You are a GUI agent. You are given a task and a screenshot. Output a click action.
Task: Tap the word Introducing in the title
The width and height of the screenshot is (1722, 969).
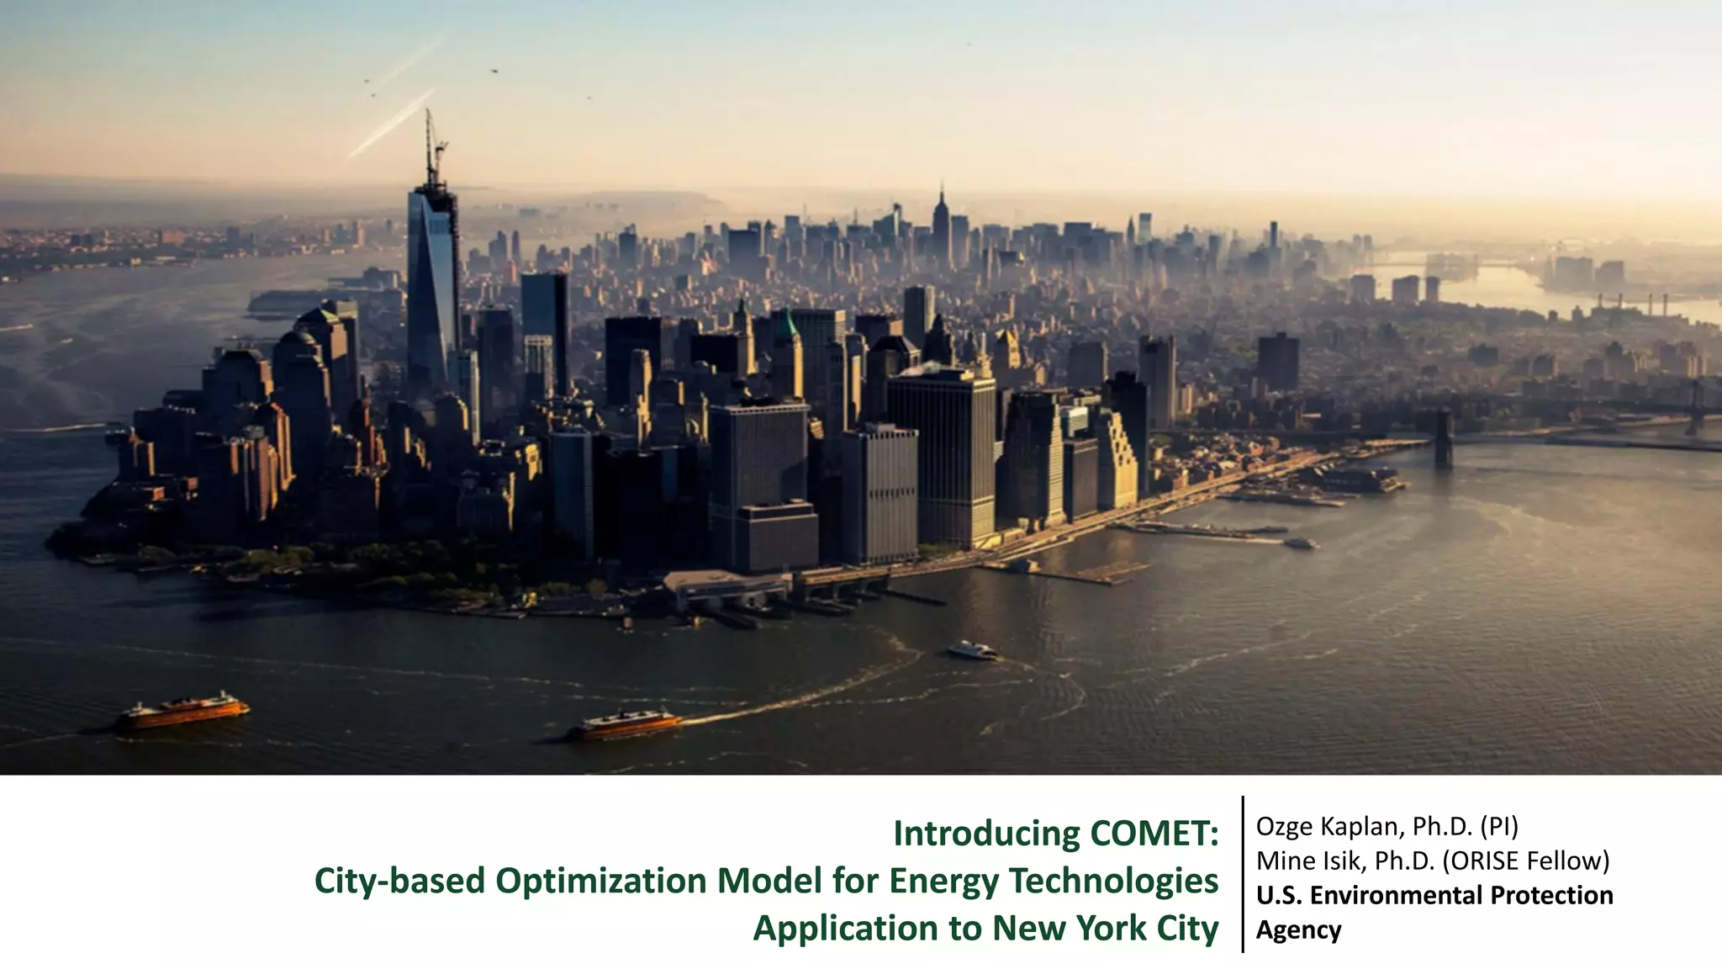(x=986, y=834)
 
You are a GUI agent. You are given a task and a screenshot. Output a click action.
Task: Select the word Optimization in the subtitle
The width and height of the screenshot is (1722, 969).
(x=600, y=882)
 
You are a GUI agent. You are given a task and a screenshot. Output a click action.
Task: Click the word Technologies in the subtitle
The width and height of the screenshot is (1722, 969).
(x=1112, y=882)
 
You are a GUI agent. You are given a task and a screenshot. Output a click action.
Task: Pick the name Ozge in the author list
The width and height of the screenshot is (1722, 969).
(x=1284, y=827)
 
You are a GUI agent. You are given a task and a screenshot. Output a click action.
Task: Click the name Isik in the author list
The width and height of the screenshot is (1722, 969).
(x=1342, y=861)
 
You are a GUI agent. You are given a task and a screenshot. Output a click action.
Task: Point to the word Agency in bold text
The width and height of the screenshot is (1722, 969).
(x=1298, y=930)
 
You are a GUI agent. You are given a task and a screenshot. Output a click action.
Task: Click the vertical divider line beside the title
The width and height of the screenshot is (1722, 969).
(x=1243, y=874)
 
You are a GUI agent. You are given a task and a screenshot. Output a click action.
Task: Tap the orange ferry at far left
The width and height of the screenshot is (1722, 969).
(x=184, y=712)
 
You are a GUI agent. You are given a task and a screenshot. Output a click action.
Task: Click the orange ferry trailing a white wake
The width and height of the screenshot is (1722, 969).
(x=626, y=724)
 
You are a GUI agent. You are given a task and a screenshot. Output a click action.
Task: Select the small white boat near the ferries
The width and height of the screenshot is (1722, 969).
(x=972, y=649)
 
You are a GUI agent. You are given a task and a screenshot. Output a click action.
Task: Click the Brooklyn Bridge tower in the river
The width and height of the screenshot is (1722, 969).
(x=1443, y=437)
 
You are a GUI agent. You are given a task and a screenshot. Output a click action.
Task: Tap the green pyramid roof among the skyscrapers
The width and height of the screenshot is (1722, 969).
(x=785, y=325)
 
